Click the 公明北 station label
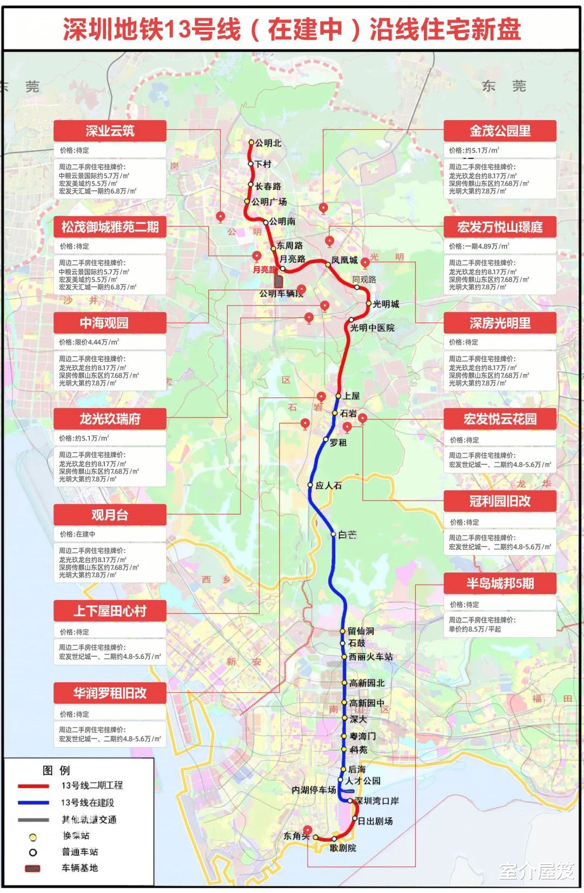click(268, 143)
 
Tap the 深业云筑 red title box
click(110, 131)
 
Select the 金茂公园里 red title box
click(500, 131)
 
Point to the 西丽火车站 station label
click(370, 657)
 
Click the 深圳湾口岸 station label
click(377, 801)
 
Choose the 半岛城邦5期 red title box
click(500, 583)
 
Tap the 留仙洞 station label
click(361, 631)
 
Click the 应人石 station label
click(328, 485)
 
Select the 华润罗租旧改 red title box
click(110, 693)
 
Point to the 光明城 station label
click(386, 304)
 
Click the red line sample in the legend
click(34, 785)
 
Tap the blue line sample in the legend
click(34, 803)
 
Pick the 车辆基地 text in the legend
click(79, 868)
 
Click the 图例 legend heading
click(56, 770)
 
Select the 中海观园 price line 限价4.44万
click(89, 342)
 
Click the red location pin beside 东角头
click(307, 831)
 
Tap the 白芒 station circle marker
click(334, 534)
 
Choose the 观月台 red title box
click(110, 515)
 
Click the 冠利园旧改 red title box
click(500, 501)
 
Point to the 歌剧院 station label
click(343, 848)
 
